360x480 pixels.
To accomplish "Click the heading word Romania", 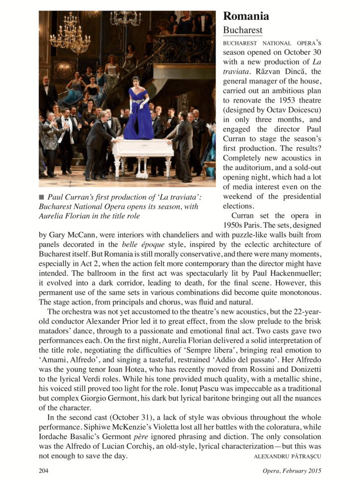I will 246,16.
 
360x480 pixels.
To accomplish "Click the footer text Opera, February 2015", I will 292,470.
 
